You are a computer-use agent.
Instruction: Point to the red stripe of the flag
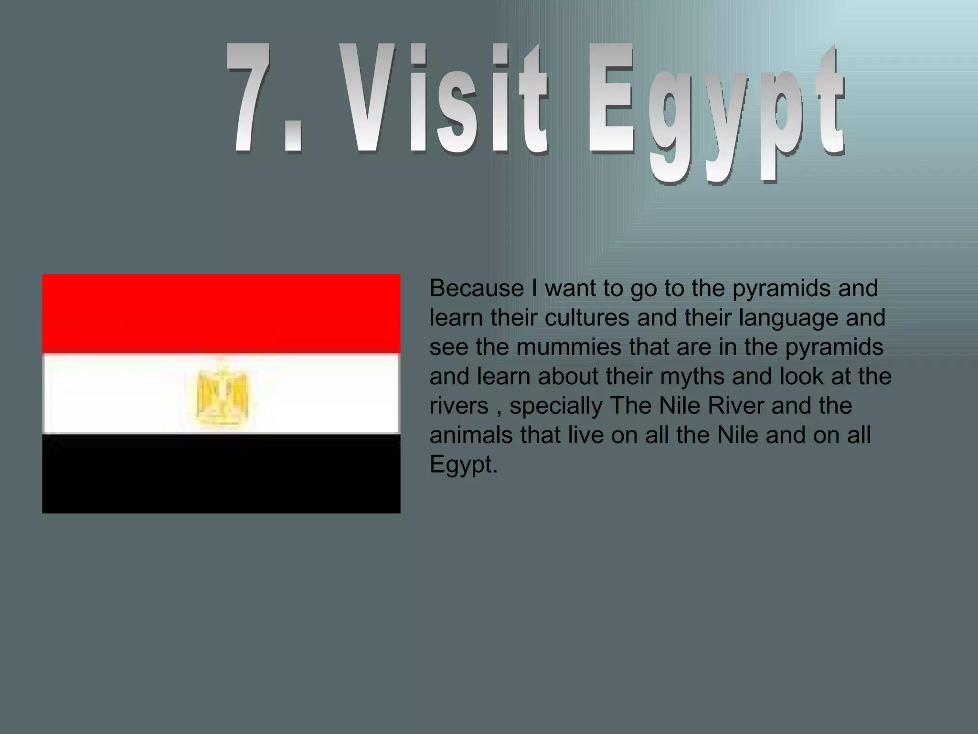click(221, 313)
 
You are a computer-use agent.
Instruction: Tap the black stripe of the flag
click(221, 474)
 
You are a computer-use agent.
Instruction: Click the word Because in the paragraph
click(477, 288)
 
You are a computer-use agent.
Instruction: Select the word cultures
click(587, 318)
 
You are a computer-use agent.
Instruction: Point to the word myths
click(690, 377)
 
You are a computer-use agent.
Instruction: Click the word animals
click(471, 435)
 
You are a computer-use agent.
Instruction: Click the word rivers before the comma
click(459, 406)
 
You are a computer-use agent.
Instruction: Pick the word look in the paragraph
click(801, 377)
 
